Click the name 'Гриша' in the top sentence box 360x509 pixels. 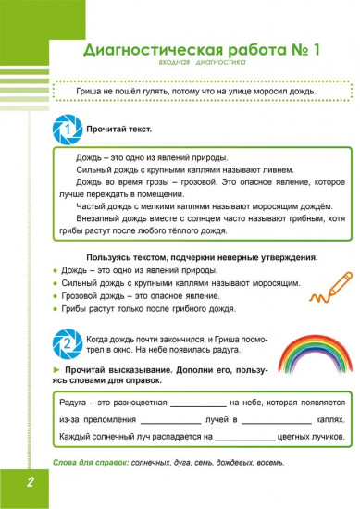coord(73,90)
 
